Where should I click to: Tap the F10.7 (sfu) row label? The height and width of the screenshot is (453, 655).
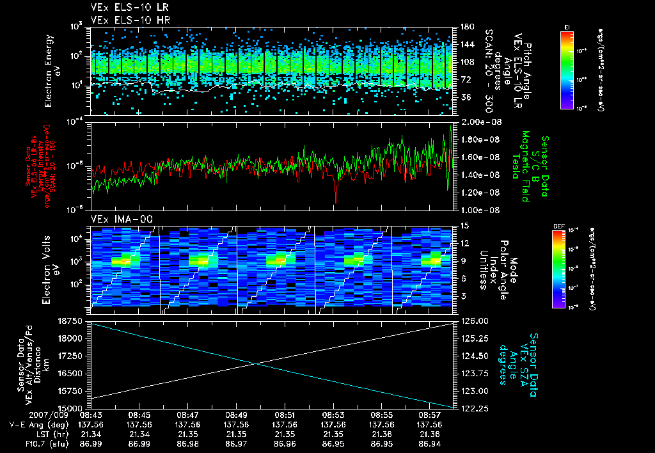pos(25,443)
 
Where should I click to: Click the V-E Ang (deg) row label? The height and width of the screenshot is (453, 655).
pos(30,424)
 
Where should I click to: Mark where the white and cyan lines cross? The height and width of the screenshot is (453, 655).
pos(256,364)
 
